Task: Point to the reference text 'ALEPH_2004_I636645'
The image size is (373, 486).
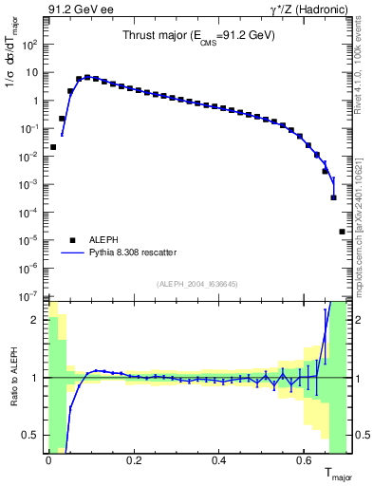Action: click(197, 282)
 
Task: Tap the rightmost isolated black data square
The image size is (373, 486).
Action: click(342, 232)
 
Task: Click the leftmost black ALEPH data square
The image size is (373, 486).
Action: click(53, 147)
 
